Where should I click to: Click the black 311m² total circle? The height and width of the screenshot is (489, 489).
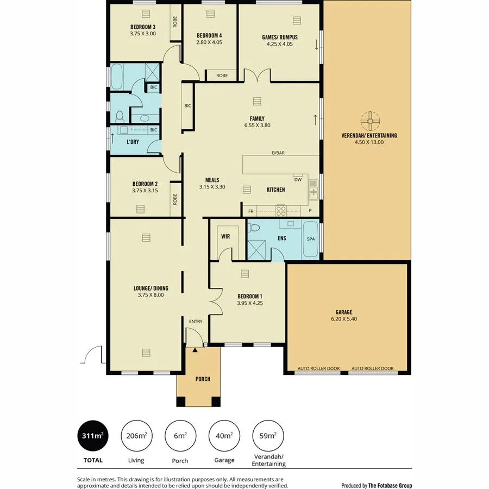pos(92,435)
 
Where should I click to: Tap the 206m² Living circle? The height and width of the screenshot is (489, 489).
pos(136,435)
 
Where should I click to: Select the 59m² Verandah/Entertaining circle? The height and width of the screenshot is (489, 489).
pos(268,435)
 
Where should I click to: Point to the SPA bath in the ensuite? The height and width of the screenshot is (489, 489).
pos(311,239)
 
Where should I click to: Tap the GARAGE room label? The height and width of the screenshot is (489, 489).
pos(343,312)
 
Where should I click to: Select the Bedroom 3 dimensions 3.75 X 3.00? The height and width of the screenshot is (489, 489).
pos(142,34)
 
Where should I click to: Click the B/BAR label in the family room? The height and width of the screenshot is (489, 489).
pos(278,153)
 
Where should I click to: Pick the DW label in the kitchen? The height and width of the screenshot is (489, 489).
pos(297,180)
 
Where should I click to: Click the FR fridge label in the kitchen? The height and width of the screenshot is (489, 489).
pos(251,211)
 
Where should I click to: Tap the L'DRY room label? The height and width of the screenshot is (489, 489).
pos(134,142)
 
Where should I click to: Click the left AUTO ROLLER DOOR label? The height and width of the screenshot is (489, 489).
pos(318,368)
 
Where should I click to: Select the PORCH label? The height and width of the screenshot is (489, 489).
pos(202,379)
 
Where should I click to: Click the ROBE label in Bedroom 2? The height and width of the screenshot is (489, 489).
pos(175,199)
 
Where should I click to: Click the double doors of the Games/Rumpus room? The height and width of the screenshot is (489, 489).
pos(256,76)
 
